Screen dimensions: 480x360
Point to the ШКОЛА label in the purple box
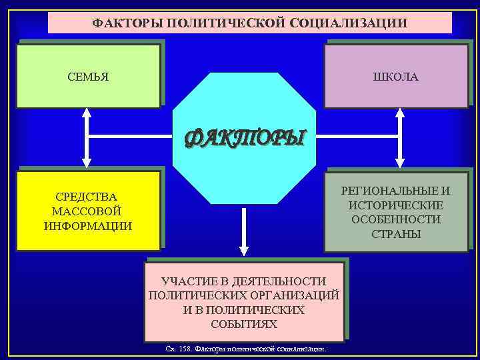coord(396,77)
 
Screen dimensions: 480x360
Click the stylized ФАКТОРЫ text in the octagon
coord(244,137)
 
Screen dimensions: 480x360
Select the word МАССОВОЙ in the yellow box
coord(87,211)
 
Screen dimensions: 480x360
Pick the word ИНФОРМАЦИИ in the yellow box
coord(87,225)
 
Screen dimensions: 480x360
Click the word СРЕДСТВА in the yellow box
coord(87,197)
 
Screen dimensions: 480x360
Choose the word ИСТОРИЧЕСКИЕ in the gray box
coord(396,205)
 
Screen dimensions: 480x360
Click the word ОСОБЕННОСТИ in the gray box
coord(396,219)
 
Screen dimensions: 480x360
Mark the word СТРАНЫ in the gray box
coord(396,234)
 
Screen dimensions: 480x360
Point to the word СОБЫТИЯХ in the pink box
coord(244,324)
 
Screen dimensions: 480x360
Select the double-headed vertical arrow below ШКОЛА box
coord(400,138)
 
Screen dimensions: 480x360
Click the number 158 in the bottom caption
coord(184,349)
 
